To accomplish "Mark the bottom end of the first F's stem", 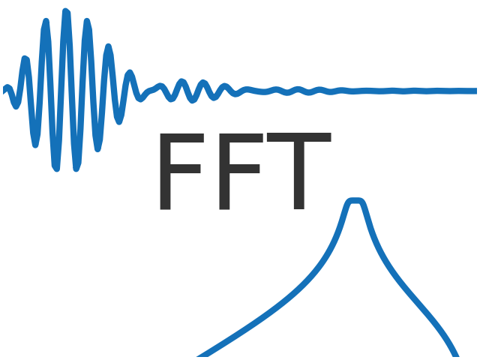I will point(162,206).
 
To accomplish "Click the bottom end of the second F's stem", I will point(222,206).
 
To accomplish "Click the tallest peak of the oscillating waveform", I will point(67,12).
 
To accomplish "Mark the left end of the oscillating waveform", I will point(4,91).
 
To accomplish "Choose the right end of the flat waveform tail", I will point(475,91).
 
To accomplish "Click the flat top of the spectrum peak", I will point(355,201).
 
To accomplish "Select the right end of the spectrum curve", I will point(456,355).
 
